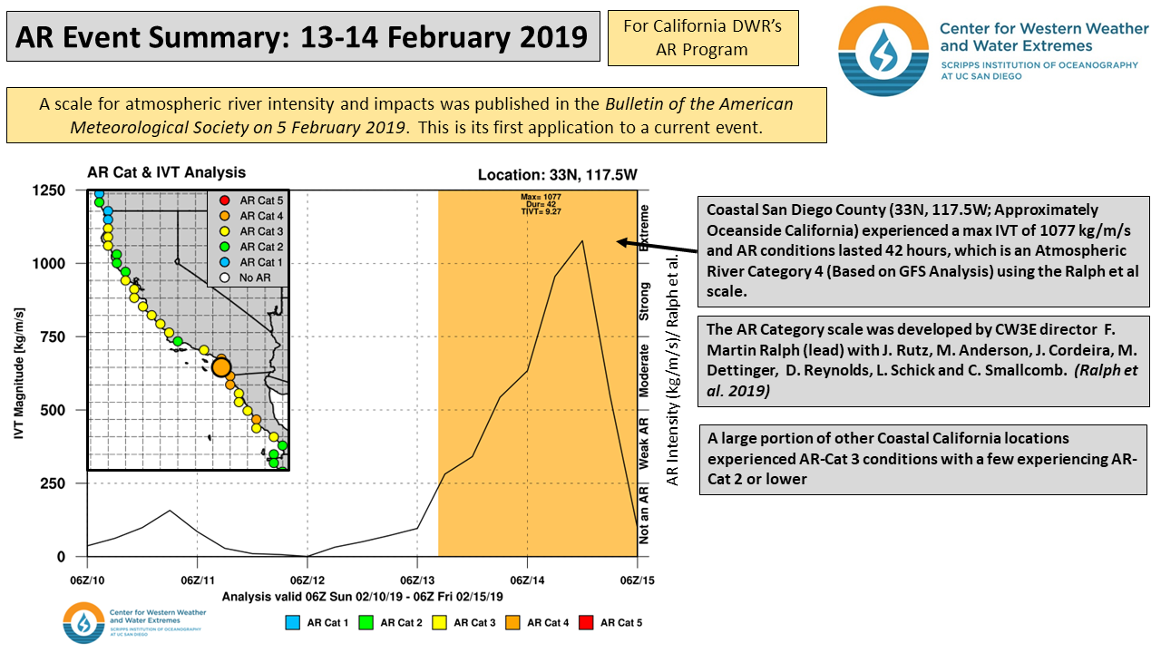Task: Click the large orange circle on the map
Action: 221,366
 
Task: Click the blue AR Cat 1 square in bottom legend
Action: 292,622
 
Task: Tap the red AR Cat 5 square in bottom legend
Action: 585,622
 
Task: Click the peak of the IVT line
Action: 582,240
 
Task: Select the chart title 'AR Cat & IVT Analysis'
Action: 166,172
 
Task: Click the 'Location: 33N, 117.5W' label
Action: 557,176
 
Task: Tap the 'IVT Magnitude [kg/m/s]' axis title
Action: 19,374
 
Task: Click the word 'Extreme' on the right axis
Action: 644,228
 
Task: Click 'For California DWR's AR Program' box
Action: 703,38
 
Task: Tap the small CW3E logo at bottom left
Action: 83,623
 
